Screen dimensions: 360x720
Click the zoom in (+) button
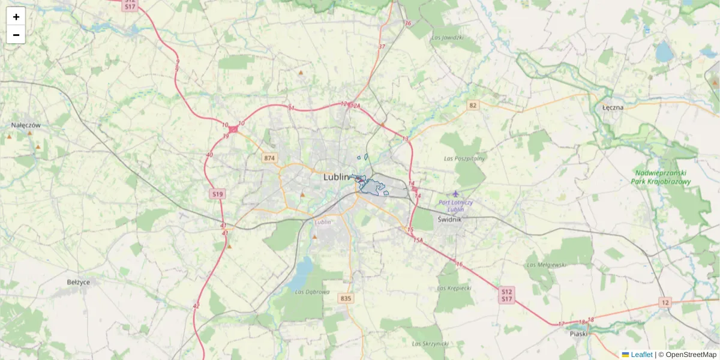pos(16,17)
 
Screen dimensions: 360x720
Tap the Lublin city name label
pos(336,177)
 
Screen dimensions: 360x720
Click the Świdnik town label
pos(449,219)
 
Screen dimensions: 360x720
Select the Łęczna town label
pos(613,107)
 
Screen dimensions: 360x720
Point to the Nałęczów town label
pos(26,125)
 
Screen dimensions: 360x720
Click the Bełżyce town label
pos(79,281)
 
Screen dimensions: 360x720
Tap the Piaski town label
pos(579,334)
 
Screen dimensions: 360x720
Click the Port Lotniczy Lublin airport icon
pos(456,193)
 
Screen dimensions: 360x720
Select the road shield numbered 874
pos(269,158)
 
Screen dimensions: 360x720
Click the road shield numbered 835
pos(345,298)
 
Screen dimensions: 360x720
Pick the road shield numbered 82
pos(473,106)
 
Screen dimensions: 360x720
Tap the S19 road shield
pos(217,194)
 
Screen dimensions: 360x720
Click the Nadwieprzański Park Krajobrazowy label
pos(662,177)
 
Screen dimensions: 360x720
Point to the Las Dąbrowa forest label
pos(313,292)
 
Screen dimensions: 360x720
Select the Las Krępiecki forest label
pos(454,288)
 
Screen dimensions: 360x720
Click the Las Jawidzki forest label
pos(448,37)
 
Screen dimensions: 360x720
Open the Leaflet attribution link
pos(641,355)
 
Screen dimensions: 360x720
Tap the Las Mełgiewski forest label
pos(546,264)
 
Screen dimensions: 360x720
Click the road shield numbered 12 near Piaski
pos(665,302)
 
